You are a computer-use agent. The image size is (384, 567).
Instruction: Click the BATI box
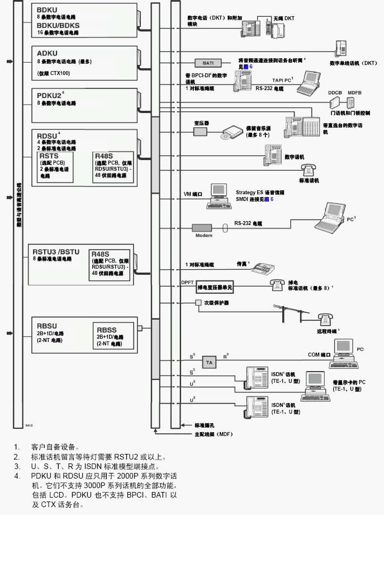[208, 63]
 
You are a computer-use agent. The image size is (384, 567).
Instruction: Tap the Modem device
[204, 228]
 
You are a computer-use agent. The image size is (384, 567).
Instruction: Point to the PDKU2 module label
[49, 95]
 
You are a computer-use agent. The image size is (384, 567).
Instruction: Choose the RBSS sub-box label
[106, 330]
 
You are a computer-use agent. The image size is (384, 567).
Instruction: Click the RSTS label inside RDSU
[49, 156]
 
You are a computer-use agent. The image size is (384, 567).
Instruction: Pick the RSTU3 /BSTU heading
[56, 251]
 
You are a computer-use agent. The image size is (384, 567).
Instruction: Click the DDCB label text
[335, 91]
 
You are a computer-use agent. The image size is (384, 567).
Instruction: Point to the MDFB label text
[354, 91]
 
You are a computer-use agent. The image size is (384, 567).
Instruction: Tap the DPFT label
[187, 283]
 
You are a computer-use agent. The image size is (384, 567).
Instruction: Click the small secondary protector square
[198, 302]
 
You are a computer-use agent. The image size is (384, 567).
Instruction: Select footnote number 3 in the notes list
[17, 466]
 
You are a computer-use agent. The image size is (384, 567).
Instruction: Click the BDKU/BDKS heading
[58, 25]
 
